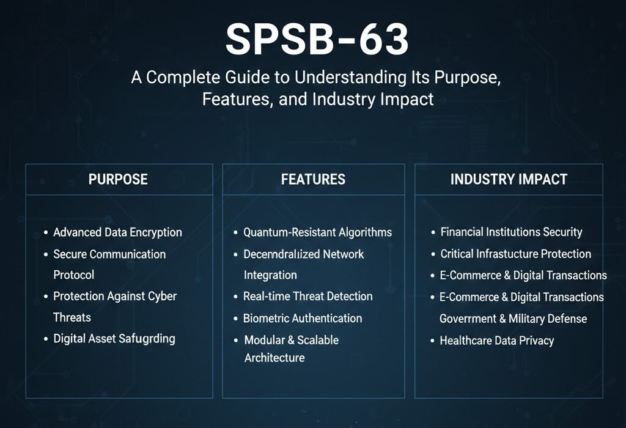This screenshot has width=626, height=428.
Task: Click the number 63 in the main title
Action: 383,39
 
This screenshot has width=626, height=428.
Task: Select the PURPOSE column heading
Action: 118,179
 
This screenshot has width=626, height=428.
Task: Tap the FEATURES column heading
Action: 313,179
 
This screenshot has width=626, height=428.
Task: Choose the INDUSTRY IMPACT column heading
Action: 509,179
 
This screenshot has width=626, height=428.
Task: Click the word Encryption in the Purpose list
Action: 156,232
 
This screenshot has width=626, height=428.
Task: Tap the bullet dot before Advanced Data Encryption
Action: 46,232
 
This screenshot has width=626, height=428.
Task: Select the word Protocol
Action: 74,275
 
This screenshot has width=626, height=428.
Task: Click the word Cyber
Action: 162,297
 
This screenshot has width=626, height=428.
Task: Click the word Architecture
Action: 274,358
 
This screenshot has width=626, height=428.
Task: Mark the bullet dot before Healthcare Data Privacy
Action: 432,341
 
